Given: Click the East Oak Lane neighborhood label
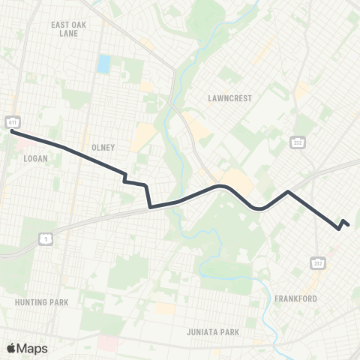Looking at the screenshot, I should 69,28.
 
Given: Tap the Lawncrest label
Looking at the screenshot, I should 230,97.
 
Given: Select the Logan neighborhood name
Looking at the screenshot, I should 35,159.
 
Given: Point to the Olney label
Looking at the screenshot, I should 102,148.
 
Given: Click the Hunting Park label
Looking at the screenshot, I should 41,302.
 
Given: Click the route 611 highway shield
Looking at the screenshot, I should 13,121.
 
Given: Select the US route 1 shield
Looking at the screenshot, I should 45,238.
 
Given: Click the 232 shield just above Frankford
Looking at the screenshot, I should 317,262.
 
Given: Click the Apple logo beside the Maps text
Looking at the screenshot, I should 11,348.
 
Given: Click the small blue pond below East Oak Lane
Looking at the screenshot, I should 103,63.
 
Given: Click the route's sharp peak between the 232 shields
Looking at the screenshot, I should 288,192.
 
